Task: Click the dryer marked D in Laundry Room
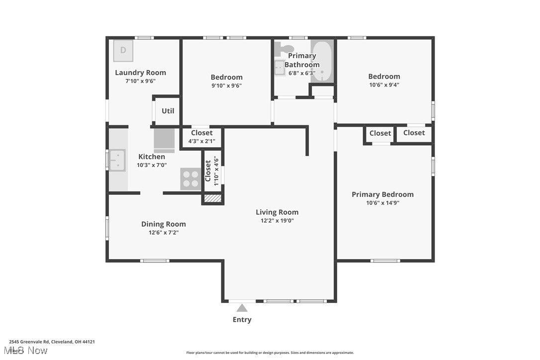tap(123, 50)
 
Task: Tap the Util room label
tap(168, 111)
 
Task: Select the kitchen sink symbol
tap(117, 160)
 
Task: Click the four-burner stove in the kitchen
tap(190, 179)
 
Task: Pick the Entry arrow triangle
tap(242, 308)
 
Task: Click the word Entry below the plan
tap(242, 320)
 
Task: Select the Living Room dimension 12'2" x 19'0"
tap(277, 221)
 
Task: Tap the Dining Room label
tap(164, 224)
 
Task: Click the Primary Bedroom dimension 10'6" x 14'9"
tap(383, 203)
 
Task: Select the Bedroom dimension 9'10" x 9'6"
tap(227, 86)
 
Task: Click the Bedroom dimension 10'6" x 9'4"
tap(384, 85)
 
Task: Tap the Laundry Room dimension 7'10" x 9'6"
tap(141, 81)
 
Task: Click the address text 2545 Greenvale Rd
tap(29, 342)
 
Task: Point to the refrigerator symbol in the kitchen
tap(164, 140)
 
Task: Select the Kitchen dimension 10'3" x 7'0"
tap(152, 165)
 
